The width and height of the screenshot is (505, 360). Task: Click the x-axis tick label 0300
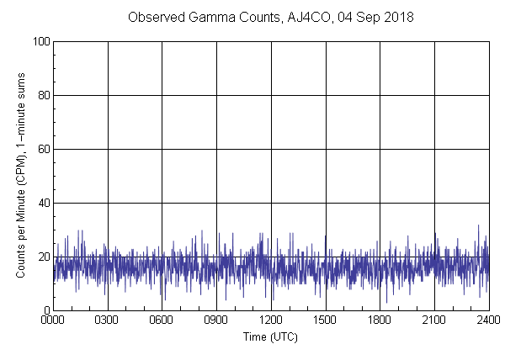(x=108, y=320)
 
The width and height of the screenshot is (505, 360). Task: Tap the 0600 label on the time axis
(x=162, y=320)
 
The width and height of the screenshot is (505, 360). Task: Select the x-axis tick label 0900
(x=216, y=320)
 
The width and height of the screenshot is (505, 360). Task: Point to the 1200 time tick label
(x=271, y=320)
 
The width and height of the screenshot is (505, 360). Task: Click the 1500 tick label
(x=326, y=320)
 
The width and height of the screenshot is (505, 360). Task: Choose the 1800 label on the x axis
(x=380, y=320)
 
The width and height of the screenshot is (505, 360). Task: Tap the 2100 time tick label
(x=434, y=320)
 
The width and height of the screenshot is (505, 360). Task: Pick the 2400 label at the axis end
(x=488, y=320)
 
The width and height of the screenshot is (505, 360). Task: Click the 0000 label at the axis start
(x=53, y=320)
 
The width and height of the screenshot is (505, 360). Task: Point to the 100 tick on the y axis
(x=40, y=41)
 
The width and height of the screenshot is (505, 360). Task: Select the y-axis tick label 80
(x=43, y=95)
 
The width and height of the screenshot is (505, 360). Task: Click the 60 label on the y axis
(x=43, y=149)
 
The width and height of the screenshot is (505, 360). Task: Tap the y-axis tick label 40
(x=43, y=203)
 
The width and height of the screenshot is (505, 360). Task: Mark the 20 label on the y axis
(x=43, y=257)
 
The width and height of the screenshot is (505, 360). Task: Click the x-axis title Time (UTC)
(x=270, y=336)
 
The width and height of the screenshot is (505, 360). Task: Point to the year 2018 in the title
(x=397, y=17)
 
